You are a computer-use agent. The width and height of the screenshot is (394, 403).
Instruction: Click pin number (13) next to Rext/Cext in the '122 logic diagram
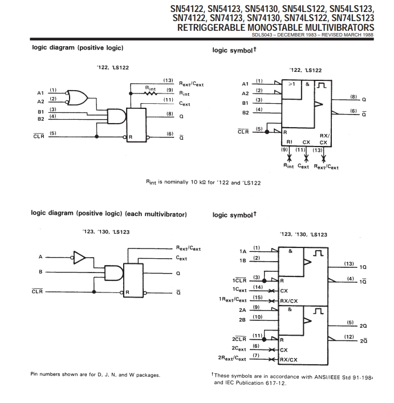(168, 80)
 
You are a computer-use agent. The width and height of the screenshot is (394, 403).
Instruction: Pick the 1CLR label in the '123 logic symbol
(239, 280)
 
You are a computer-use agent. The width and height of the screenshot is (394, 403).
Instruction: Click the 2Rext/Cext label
(233, 359)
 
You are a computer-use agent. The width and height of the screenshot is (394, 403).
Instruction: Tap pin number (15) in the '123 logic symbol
(257, 297)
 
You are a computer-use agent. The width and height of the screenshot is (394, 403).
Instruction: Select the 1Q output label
(363, 267)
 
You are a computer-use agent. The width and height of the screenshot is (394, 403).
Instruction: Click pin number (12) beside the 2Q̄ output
(350, 337)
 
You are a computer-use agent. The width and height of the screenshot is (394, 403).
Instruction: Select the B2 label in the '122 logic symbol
(246, 112)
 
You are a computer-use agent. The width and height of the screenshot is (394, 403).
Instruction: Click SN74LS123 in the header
(352, 18)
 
